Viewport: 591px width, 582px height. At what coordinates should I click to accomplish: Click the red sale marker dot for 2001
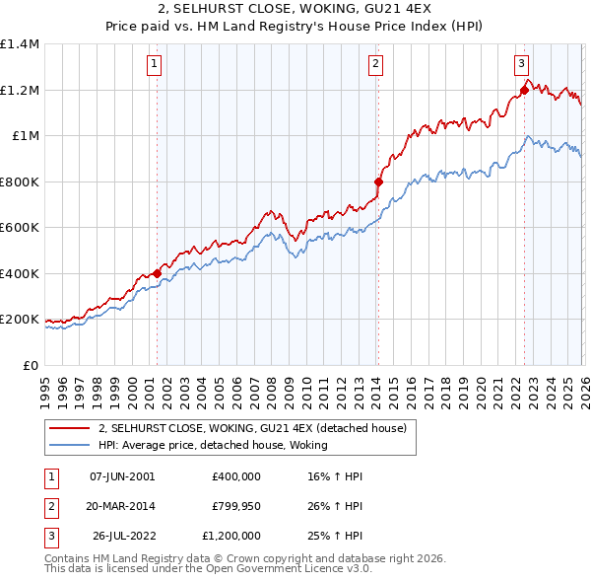[157, 274]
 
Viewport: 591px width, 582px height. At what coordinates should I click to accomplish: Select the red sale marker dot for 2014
[378, 182]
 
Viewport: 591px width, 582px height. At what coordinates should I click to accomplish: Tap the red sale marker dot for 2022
[523, 92]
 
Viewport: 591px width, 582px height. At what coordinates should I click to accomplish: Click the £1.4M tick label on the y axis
[20, 44]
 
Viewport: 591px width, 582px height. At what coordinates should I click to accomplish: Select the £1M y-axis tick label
[26, 136]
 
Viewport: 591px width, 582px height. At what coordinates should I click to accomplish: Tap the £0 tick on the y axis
[33, 365]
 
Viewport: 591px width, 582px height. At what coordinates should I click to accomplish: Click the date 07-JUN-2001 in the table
[122, 476]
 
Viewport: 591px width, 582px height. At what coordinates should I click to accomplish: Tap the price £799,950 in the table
[235, 506]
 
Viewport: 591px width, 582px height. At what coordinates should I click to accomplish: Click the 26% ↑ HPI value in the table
[336, 506]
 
